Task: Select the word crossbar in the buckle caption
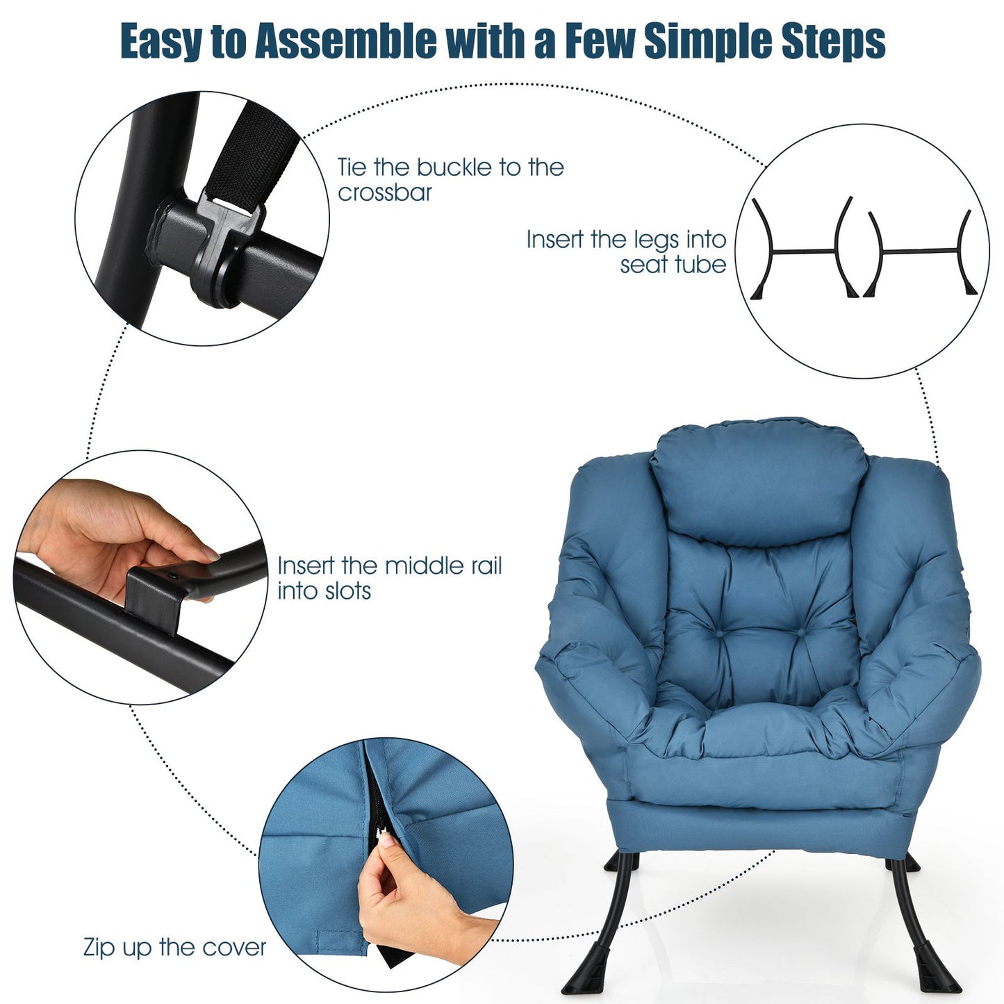click(385, 192)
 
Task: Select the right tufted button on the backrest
click(801, 632)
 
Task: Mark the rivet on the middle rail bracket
click(172, 575)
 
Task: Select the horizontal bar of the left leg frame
click(805, 251)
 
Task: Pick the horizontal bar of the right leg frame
click(920, 251)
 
